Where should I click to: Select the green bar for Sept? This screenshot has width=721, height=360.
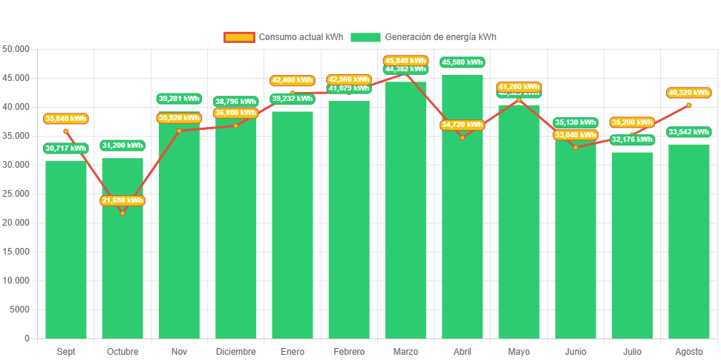65,252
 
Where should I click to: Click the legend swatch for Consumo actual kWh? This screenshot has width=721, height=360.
238,37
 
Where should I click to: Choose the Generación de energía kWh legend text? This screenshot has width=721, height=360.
440,37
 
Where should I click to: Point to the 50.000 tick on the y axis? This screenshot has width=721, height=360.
16,49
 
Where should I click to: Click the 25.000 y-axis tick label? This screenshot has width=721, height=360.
16,194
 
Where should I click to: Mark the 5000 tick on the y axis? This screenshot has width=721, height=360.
20,310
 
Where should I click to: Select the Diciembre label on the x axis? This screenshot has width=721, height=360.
235,351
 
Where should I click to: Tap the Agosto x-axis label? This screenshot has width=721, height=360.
688,351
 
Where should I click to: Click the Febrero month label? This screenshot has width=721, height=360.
349,351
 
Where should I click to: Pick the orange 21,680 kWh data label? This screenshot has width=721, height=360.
123,200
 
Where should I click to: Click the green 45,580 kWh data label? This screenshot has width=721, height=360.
462,62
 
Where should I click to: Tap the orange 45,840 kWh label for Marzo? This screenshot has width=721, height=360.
405,60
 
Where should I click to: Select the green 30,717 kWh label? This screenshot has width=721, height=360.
65,148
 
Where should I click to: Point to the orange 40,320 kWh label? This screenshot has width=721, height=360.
688,93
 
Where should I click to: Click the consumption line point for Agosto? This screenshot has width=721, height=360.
688,105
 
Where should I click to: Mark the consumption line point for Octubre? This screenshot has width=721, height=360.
123,213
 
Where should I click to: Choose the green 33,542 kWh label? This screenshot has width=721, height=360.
688,132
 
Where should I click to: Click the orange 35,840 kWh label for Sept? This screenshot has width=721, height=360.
65,118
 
